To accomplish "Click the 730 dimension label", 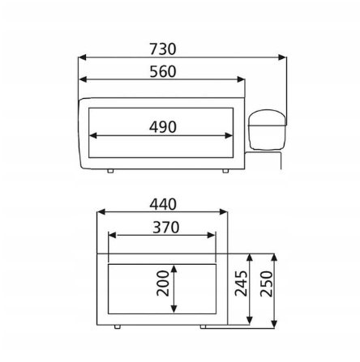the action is coord(163,49).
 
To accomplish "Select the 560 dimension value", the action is coord(163,71).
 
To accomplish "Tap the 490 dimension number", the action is coord(163,127).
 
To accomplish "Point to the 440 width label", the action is coord(163,204).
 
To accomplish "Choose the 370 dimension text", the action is coord(166,228).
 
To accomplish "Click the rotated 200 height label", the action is coord(163,283).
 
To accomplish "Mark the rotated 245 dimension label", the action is coord(241,283).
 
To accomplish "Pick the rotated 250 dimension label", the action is coord(267,283).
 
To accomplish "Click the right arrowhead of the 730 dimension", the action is coord(282,57).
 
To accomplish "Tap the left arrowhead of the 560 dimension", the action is coord(83,79).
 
